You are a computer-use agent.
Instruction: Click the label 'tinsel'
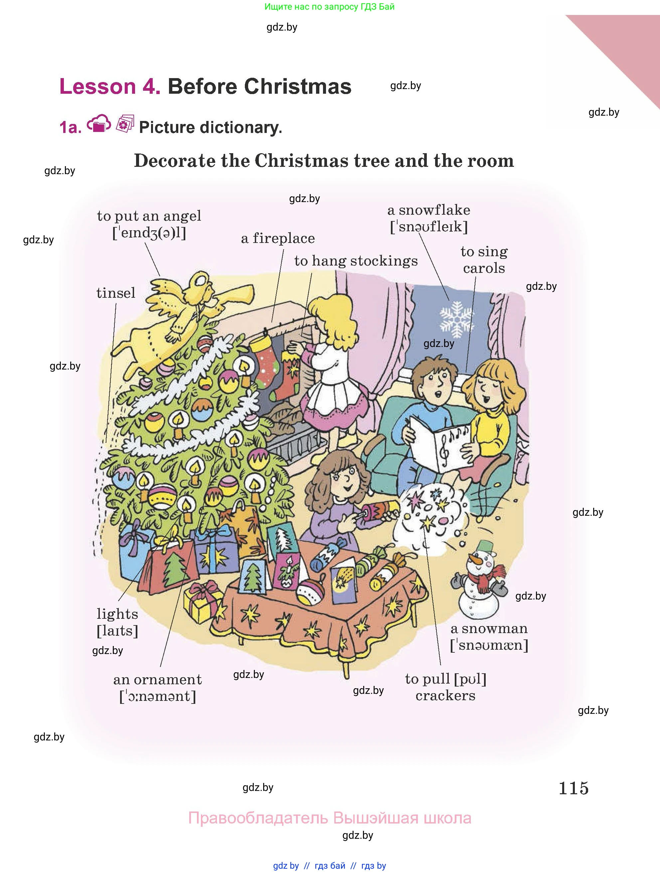115,293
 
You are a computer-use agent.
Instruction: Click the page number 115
574,788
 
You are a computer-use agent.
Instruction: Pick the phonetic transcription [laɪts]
117,631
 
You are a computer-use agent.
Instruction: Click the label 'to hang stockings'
356,261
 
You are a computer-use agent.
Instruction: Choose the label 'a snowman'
489,629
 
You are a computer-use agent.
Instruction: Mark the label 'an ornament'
157,680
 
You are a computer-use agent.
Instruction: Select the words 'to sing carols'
484,260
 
